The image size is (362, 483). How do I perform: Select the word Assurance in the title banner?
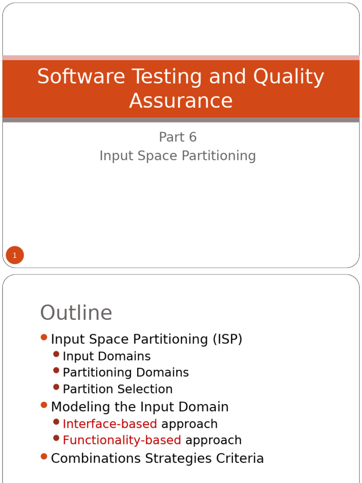click(181, 100)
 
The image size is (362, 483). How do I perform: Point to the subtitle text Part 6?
click(178, 137)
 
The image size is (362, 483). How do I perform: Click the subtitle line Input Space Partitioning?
click(178, 156)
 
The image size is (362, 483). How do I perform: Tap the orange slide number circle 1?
click(15, 256)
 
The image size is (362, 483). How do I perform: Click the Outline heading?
click(76, 313)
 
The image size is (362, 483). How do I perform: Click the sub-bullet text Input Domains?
click(107, 356)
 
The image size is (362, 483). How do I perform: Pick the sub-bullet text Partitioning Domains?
click(125, 373)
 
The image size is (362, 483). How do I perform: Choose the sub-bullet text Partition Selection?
click(117, 389)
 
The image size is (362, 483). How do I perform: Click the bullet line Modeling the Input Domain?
click(140, 407)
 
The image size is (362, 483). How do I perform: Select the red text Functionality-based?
click(122, 440)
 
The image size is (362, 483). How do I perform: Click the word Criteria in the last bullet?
click(239, 458)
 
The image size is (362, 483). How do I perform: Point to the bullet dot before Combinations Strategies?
click(44, 456)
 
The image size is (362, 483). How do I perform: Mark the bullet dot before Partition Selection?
click(57, 387)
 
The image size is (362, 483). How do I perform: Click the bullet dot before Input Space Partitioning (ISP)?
click(44, 337)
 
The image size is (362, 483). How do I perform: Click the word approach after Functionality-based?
click(214, 440)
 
